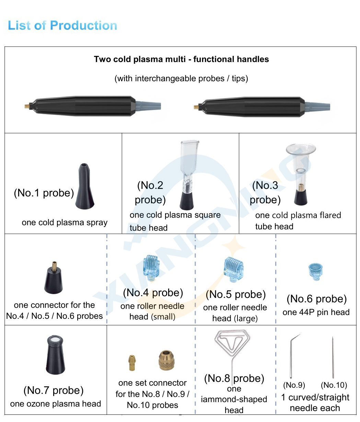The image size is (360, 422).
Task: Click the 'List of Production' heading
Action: [62, 25]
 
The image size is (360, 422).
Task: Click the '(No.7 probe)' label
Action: [54, 390]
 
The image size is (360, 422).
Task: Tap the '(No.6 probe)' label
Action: [316, 299]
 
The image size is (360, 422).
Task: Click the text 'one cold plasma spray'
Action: [65, 222]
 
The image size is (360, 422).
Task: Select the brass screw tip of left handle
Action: [27, 107]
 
